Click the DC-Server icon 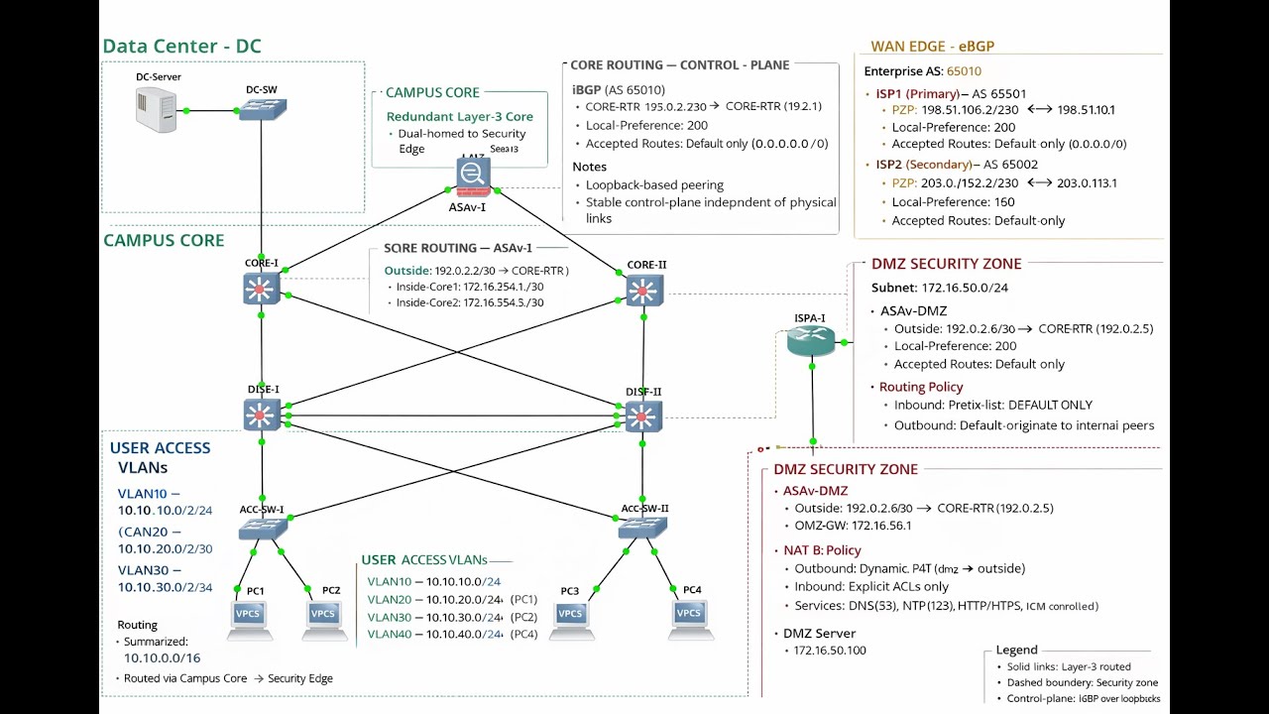click(156, 109)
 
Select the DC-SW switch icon click(262, 109)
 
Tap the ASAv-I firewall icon click(473, 176)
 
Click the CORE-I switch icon click(261, 289)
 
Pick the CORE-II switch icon click(644, 290)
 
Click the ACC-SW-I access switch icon click(262, 529)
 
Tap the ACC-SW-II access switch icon click(642, 528)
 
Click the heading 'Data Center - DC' click(181, 47)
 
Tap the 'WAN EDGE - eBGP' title click(932, 47)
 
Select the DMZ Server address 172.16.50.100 click(830, 651)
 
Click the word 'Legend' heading click(1016, 651)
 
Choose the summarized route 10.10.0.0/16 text click(162, 657)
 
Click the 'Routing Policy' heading click(921, 387)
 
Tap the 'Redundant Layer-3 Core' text click(460, 117)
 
